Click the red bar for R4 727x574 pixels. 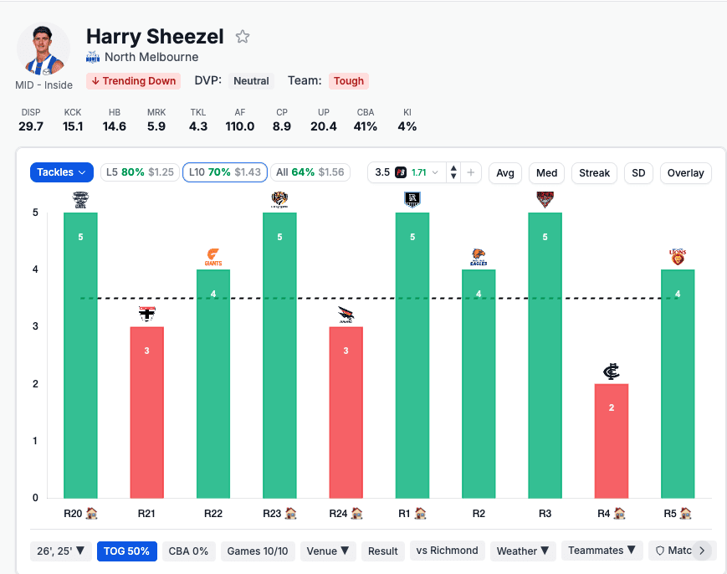click(x=612, y=440)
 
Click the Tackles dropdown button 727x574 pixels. click(x=62, y=172)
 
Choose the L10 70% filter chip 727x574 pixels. click(x=225, y=172)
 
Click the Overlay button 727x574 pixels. click(x=686, y=173)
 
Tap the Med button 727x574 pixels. click(x=546, y=173)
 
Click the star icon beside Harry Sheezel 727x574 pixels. click(x=243, y=37)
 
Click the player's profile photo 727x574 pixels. click(x=44, y=49)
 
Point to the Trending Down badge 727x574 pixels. click(x=134, y=81)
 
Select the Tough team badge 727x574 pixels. click(x=349, y=81)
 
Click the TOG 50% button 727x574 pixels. click(x=127, y=551)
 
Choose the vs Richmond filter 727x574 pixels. click(x=447, y=551)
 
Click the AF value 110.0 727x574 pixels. click(x=239, y=126)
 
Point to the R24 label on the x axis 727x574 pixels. click(x=340, y=513)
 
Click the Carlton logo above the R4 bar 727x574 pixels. click(x=612, y=372)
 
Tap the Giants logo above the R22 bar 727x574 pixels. click(x=213, y=258)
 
